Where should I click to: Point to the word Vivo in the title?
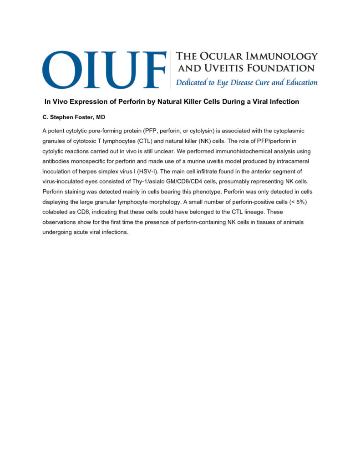(x=59, y=101)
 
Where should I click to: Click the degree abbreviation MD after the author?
(x=100, y=117)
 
